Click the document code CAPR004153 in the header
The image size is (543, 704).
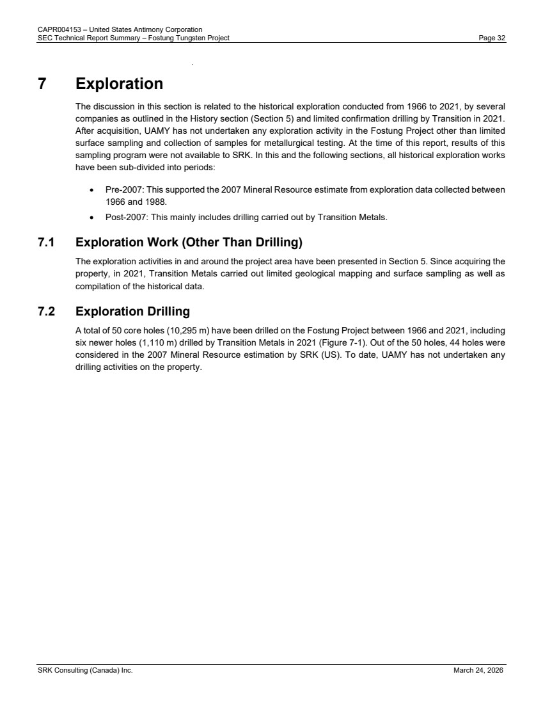click(x=55, y=29)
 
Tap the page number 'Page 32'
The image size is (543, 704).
click(x=492, y=38)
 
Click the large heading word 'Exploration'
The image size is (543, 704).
click(x=119, y=84)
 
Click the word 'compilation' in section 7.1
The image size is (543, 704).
click(x=96, y=287)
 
